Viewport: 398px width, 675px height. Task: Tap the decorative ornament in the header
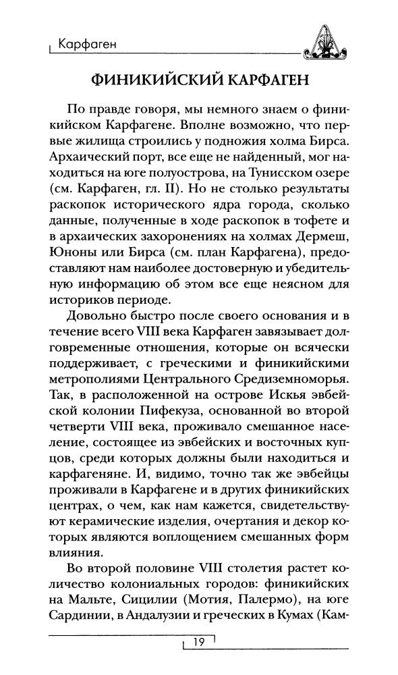(326, 41)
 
